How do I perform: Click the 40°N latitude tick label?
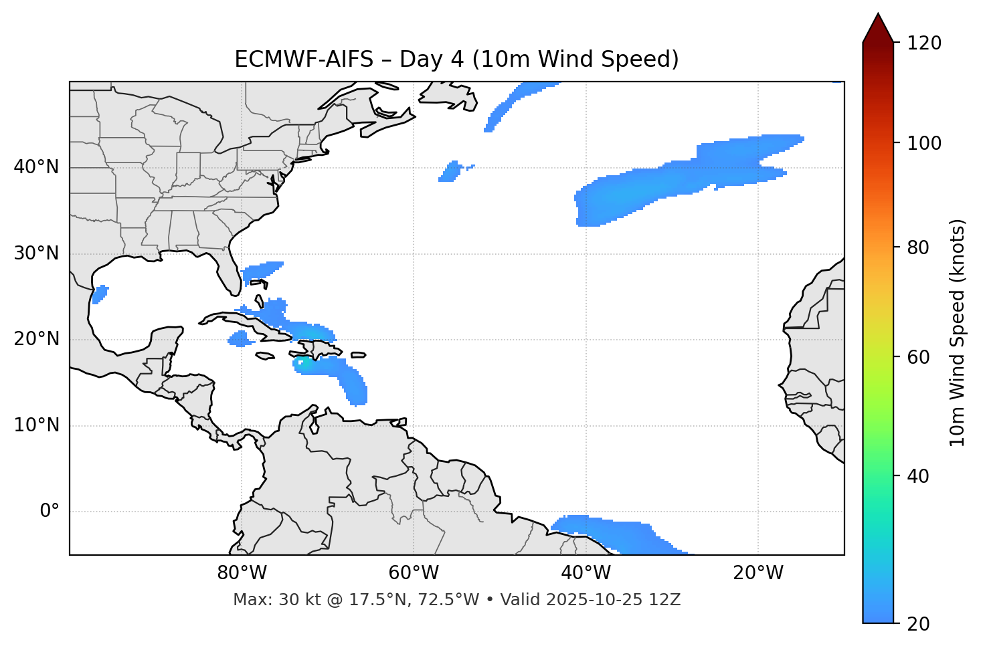point(36,167)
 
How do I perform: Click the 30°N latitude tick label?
point(36,253)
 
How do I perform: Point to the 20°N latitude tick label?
point(36,339)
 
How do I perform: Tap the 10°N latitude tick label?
point(36,425)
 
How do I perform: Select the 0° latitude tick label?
point(50,512)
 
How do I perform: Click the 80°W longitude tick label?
point(242,573)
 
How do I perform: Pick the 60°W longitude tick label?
point(414,573)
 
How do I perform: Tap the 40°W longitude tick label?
point(586,573)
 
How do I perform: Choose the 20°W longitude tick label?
point(757,573)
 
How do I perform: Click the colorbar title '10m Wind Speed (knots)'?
point(958,333)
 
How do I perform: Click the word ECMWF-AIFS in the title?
point(303,60)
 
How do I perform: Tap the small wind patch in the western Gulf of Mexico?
point(100,294)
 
